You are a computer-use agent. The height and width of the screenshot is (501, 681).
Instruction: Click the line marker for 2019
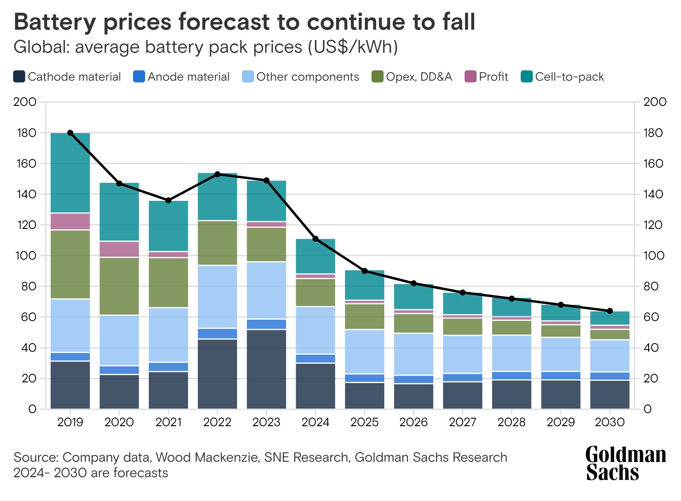pos(70,133)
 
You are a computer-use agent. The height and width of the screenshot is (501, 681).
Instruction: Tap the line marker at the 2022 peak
pos(217,174)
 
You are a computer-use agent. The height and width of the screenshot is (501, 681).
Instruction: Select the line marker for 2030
pos(610,311)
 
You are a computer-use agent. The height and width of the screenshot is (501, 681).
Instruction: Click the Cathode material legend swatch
pos(19,77)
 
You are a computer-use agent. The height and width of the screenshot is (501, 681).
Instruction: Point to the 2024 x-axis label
pos(315,422)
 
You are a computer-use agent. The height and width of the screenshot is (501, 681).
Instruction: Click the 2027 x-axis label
pos(463,422)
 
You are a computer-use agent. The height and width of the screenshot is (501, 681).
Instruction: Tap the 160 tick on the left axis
pos(26,163)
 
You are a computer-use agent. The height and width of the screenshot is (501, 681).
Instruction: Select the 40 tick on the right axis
pos(653,348)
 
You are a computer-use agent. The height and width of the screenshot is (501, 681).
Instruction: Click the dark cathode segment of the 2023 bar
pos(266,369)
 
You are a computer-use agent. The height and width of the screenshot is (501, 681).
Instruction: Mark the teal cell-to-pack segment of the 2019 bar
pos(70,172)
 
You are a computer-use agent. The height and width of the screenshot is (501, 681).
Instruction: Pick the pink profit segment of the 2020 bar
pos(119,249)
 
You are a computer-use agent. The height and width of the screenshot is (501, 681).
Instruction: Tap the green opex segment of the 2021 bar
pos(169,282)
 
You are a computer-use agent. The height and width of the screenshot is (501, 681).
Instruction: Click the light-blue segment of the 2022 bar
pos(217,297)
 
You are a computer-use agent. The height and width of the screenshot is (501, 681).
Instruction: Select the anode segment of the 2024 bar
pos(315,359)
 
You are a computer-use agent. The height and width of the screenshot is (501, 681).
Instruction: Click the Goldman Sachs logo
pos(625,463)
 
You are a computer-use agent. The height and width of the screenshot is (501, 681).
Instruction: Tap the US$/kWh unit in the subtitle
pos(352,47)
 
